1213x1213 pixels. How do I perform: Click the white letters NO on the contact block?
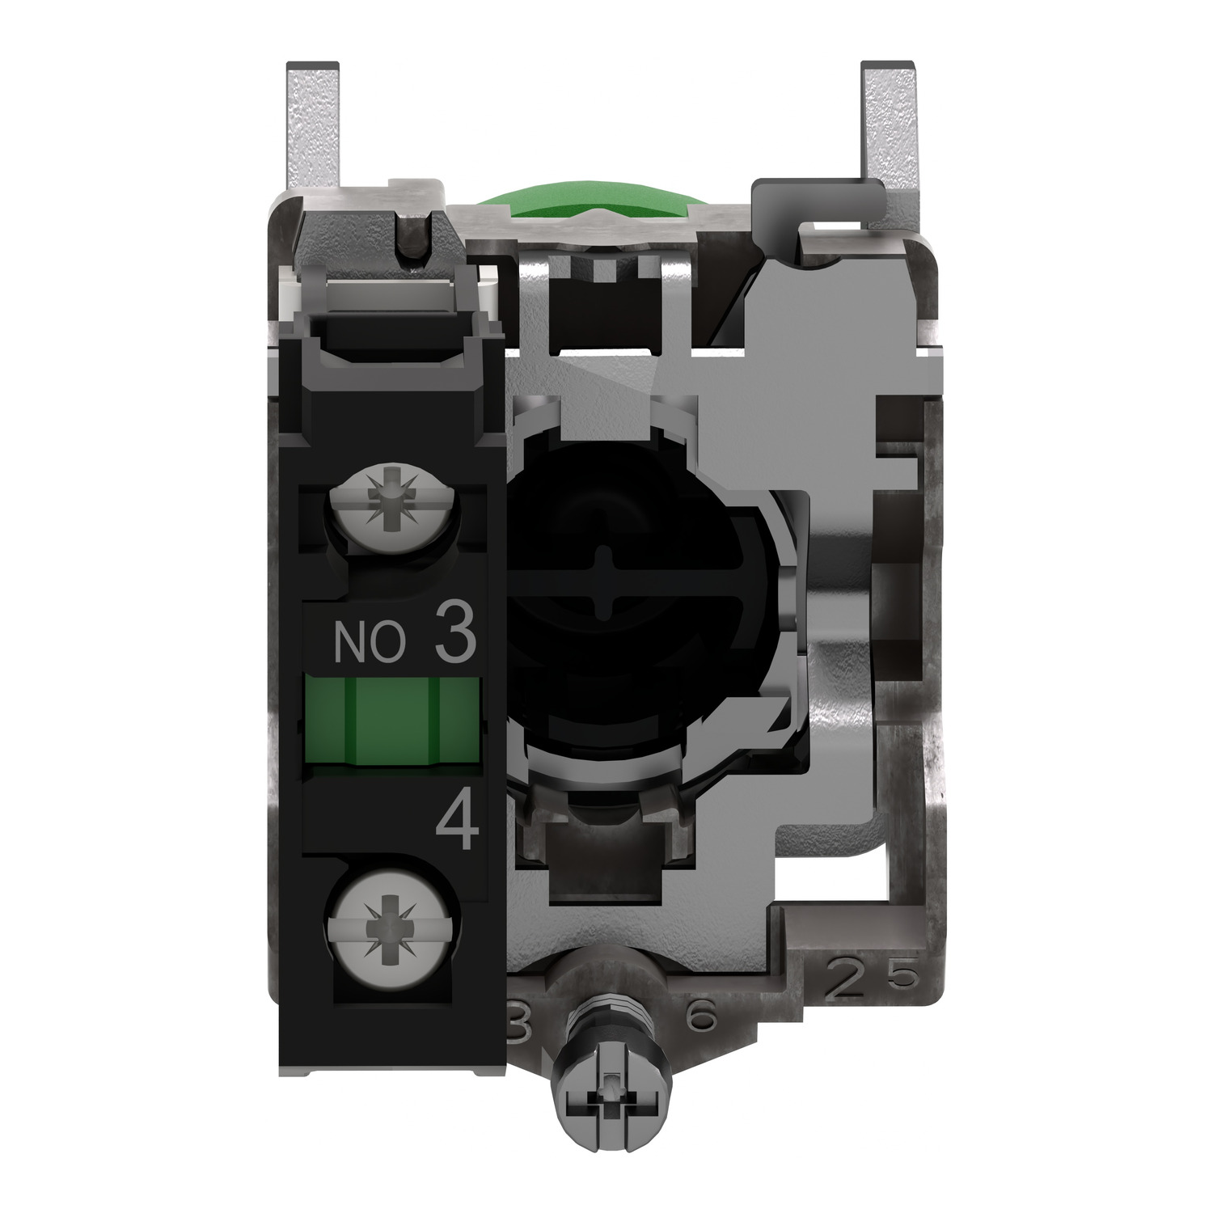(369, 643)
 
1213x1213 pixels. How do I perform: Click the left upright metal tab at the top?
(313, 129)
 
